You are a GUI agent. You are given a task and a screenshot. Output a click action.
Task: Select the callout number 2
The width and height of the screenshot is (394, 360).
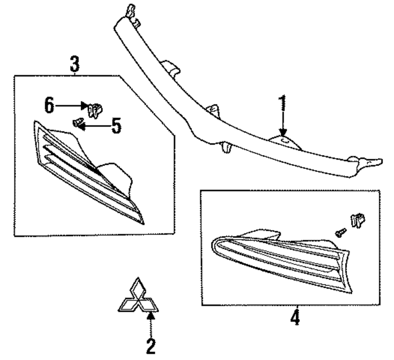click(151, 346)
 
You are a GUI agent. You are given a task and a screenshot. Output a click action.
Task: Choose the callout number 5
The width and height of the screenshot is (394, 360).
click(115, 126)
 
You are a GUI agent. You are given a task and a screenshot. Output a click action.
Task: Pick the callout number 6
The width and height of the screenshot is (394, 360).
click(48, 106)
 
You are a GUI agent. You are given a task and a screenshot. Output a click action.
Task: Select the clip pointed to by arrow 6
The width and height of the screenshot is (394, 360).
click(95, 110)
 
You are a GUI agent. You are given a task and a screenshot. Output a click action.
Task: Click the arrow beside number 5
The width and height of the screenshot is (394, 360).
click(94, 126)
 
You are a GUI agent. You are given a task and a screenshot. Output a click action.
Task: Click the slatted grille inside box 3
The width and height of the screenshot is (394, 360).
click(87, 173)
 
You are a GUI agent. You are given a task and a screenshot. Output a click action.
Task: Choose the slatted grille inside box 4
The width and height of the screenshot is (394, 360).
click(280, 260)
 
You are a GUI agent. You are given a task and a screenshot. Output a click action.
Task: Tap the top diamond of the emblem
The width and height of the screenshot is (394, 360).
click(138, 288)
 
